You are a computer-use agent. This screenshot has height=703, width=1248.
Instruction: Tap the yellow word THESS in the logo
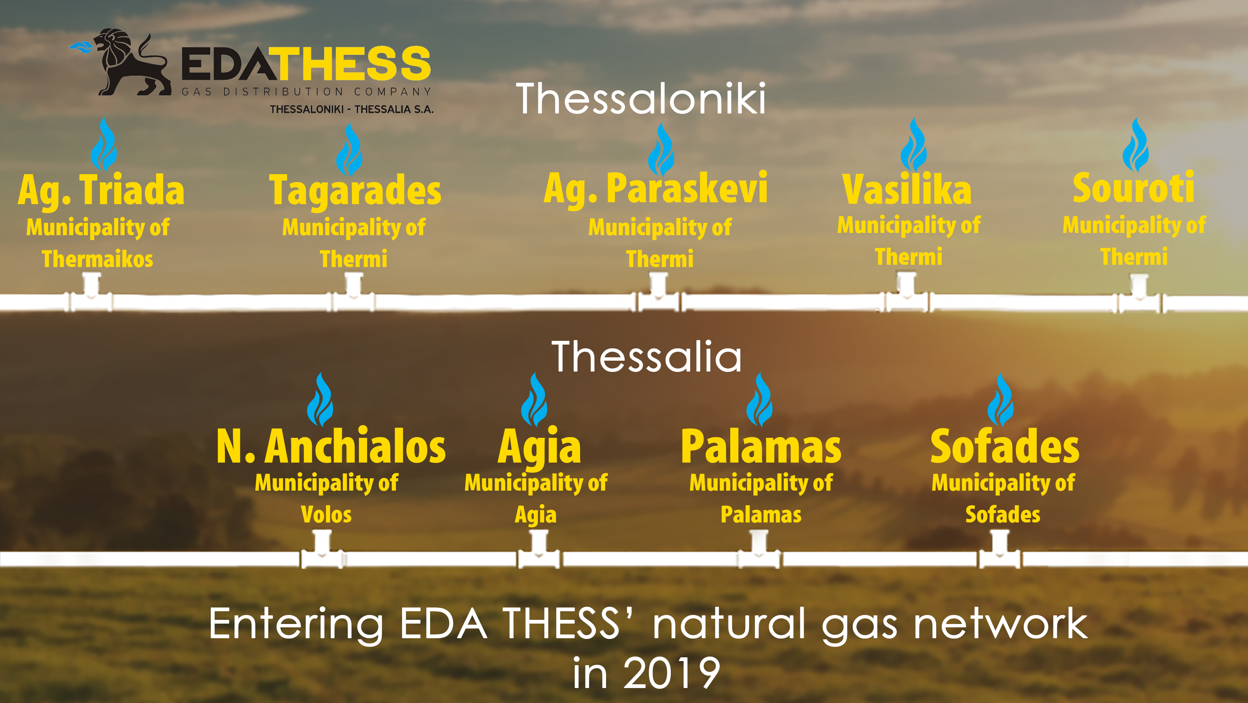(354, 64)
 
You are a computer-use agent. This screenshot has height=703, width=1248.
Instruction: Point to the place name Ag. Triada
(101, 191)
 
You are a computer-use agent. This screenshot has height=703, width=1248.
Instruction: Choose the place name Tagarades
(355, 191)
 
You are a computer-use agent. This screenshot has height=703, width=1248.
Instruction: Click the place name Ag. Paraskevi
(655, 189)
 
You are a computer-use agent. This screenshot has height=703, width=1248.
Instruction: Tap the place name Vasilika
(907, 189)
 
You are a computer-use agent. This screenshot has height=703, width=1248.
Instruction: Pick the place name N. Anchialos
(331, 446)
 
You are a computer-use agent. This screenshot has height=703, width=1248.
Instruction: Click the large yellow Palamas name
(761, 446)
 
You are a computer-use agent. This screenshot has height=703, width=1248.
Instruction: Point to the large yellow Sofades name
(1005, 446)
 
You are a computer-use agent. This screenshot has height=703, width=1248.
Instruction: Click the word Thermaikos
(97, 259)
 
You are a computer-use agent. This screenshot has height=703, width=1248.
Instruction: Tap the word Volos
(326, 514)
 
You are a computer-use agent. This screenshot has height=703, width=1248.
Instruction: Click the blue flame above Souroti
(1136, 145)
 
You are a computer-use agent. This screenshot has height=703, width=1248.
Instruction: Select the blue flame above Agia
(535, 400)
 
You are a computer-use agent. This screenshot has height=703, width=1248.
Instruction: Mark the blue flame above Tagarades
(349, 150)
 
